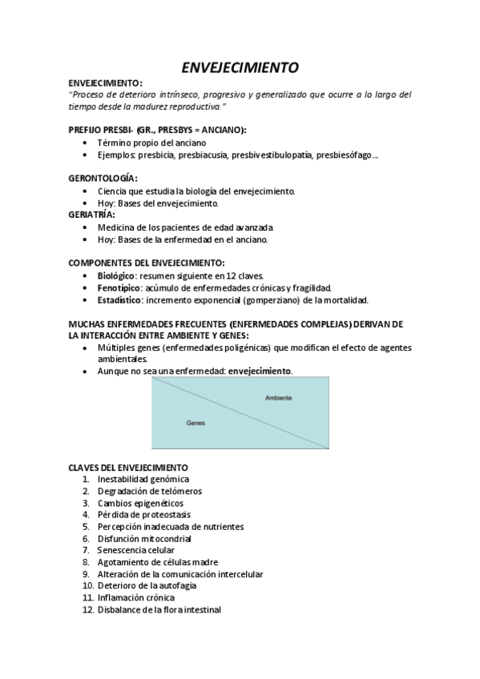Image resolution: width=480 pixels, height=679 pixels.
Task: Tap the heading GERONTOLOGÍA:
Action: point(103,178)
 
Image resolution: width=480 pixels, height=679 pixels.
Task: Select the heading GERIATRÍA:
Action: point(92,215)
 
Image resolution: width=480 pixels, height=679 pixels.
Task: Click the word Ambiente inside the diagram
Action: point(278,398)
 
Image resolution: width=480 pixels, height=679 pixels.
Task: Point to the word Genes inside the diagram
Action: point(196,422)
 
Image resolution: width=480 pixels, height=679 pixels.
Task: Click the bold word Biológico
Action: point(115,275)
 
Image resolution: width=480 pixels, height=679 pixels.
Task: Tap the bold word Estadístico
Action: point(119,300)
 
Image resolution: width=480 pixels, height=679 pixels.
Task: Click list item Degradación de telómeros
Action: point(150,491)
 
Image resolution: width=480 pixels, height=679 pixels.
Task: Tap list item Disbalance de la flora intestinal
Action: point(159,609)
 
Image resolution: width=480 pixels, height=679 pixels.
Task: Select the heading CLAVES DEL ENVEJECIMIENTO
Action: point(128,467)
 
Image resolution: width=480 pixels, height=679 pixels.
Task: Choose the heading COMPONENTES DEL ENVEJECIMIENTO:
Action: point(147,263)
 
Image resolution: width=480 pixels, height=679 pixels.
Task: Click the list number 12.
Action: point(88,609)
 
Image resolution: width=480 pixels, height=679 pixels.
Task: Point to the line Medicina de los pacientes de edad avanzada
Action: point(185,227)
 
